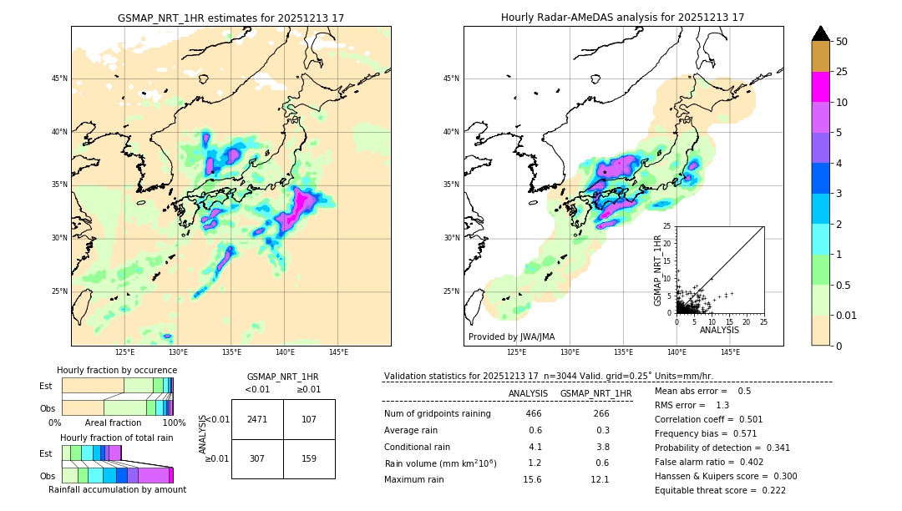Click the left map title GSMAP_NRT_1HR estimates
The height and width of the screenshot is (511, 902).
pos(231,18)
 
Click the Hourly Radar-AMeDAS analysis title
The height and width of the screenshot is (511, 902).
pos(622,18)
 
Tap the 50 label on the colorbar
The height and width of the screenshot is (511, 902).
pos(843,42)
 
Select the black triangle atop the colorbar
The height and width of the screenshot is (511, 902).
pos(821,33)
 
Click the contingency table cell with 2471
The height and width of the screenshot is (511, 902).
pos(257,419)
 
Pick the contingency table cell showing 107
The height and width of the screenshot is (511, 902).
pos(309,419)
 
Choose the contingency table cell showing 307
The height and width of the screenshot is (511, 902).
pos(257,458)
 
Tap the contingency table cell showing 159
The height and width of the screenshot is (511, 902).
pos(309,458)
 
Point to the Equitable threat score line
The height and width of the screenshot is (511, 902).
pos(720,490)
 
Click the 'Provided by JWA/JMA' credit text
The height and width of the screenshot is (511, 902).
pos(511,336)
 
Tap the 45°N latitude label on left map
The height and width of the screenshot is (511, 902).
pos(59,78)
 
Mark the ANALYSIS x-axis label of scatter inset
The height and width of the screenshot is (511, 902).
pos(719,330)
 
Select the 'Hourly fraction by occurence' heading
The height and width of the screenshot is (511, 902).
pos(117,370)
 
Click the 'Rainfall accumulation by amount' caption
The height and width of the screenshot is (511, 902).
pos(117,489)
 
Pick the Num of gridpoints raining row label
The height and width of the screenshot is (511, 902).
pos(437,414)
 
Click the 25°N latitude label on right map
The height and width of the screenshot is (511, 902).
pos(452,291)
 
